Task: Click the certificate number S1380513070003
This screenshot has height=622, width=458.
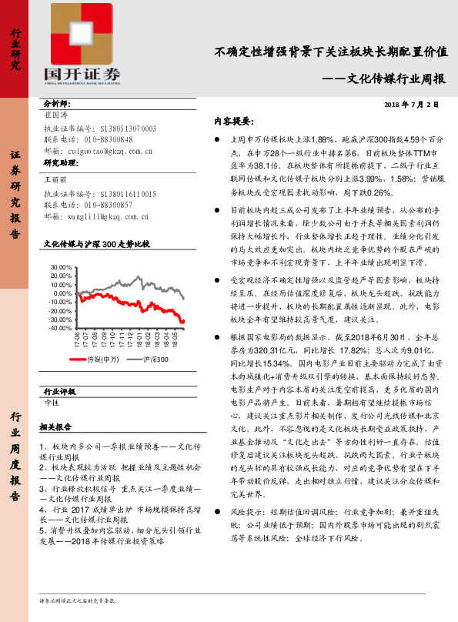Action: point(128,129)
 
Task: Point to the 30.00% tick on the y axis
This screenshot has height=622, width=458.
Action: point(59,266)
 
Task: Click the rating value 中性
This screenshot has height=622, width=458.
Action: point(52,402)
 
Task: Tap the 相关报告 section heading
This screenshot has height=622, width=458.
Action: point(55,426)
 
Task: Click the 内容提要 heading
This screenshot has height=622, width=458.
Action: point(232,122)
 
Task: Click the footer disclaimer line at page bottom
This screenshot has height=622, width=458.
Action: point(77,598)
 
